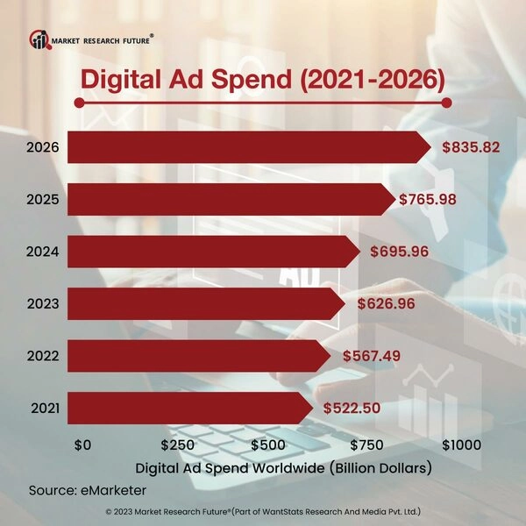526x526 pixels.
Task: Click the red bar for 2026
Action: click(x=245, y=147)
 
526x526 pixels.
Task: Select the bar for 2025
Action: click(x=228, y=200)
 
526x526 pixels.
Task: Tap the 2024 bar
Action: click(x=210, y=252)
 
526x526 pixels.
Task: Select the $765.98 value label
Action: click(x=430, y=200)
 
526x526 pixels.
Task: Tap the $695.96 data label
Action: click(x=396, y=252)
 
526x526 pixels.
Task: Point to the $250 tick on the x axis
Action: click(x=179, y=444)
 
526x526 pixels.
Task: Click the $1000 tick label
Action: click(x=461, y=444)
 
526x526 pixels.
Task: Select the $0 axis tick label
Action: click(x=82, y=444)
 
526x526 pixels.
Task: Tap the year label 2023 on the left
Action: click(x=42, y=304)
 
